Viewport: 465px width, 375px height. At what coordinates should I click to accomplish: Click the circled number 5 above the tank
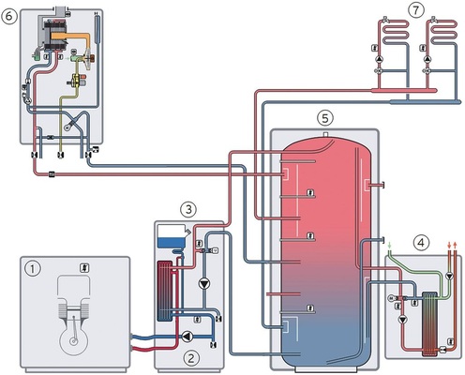[x=323, y=118]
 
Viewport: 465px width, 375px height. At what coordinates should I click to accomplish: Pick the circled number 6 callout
[x=12, y=14]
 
